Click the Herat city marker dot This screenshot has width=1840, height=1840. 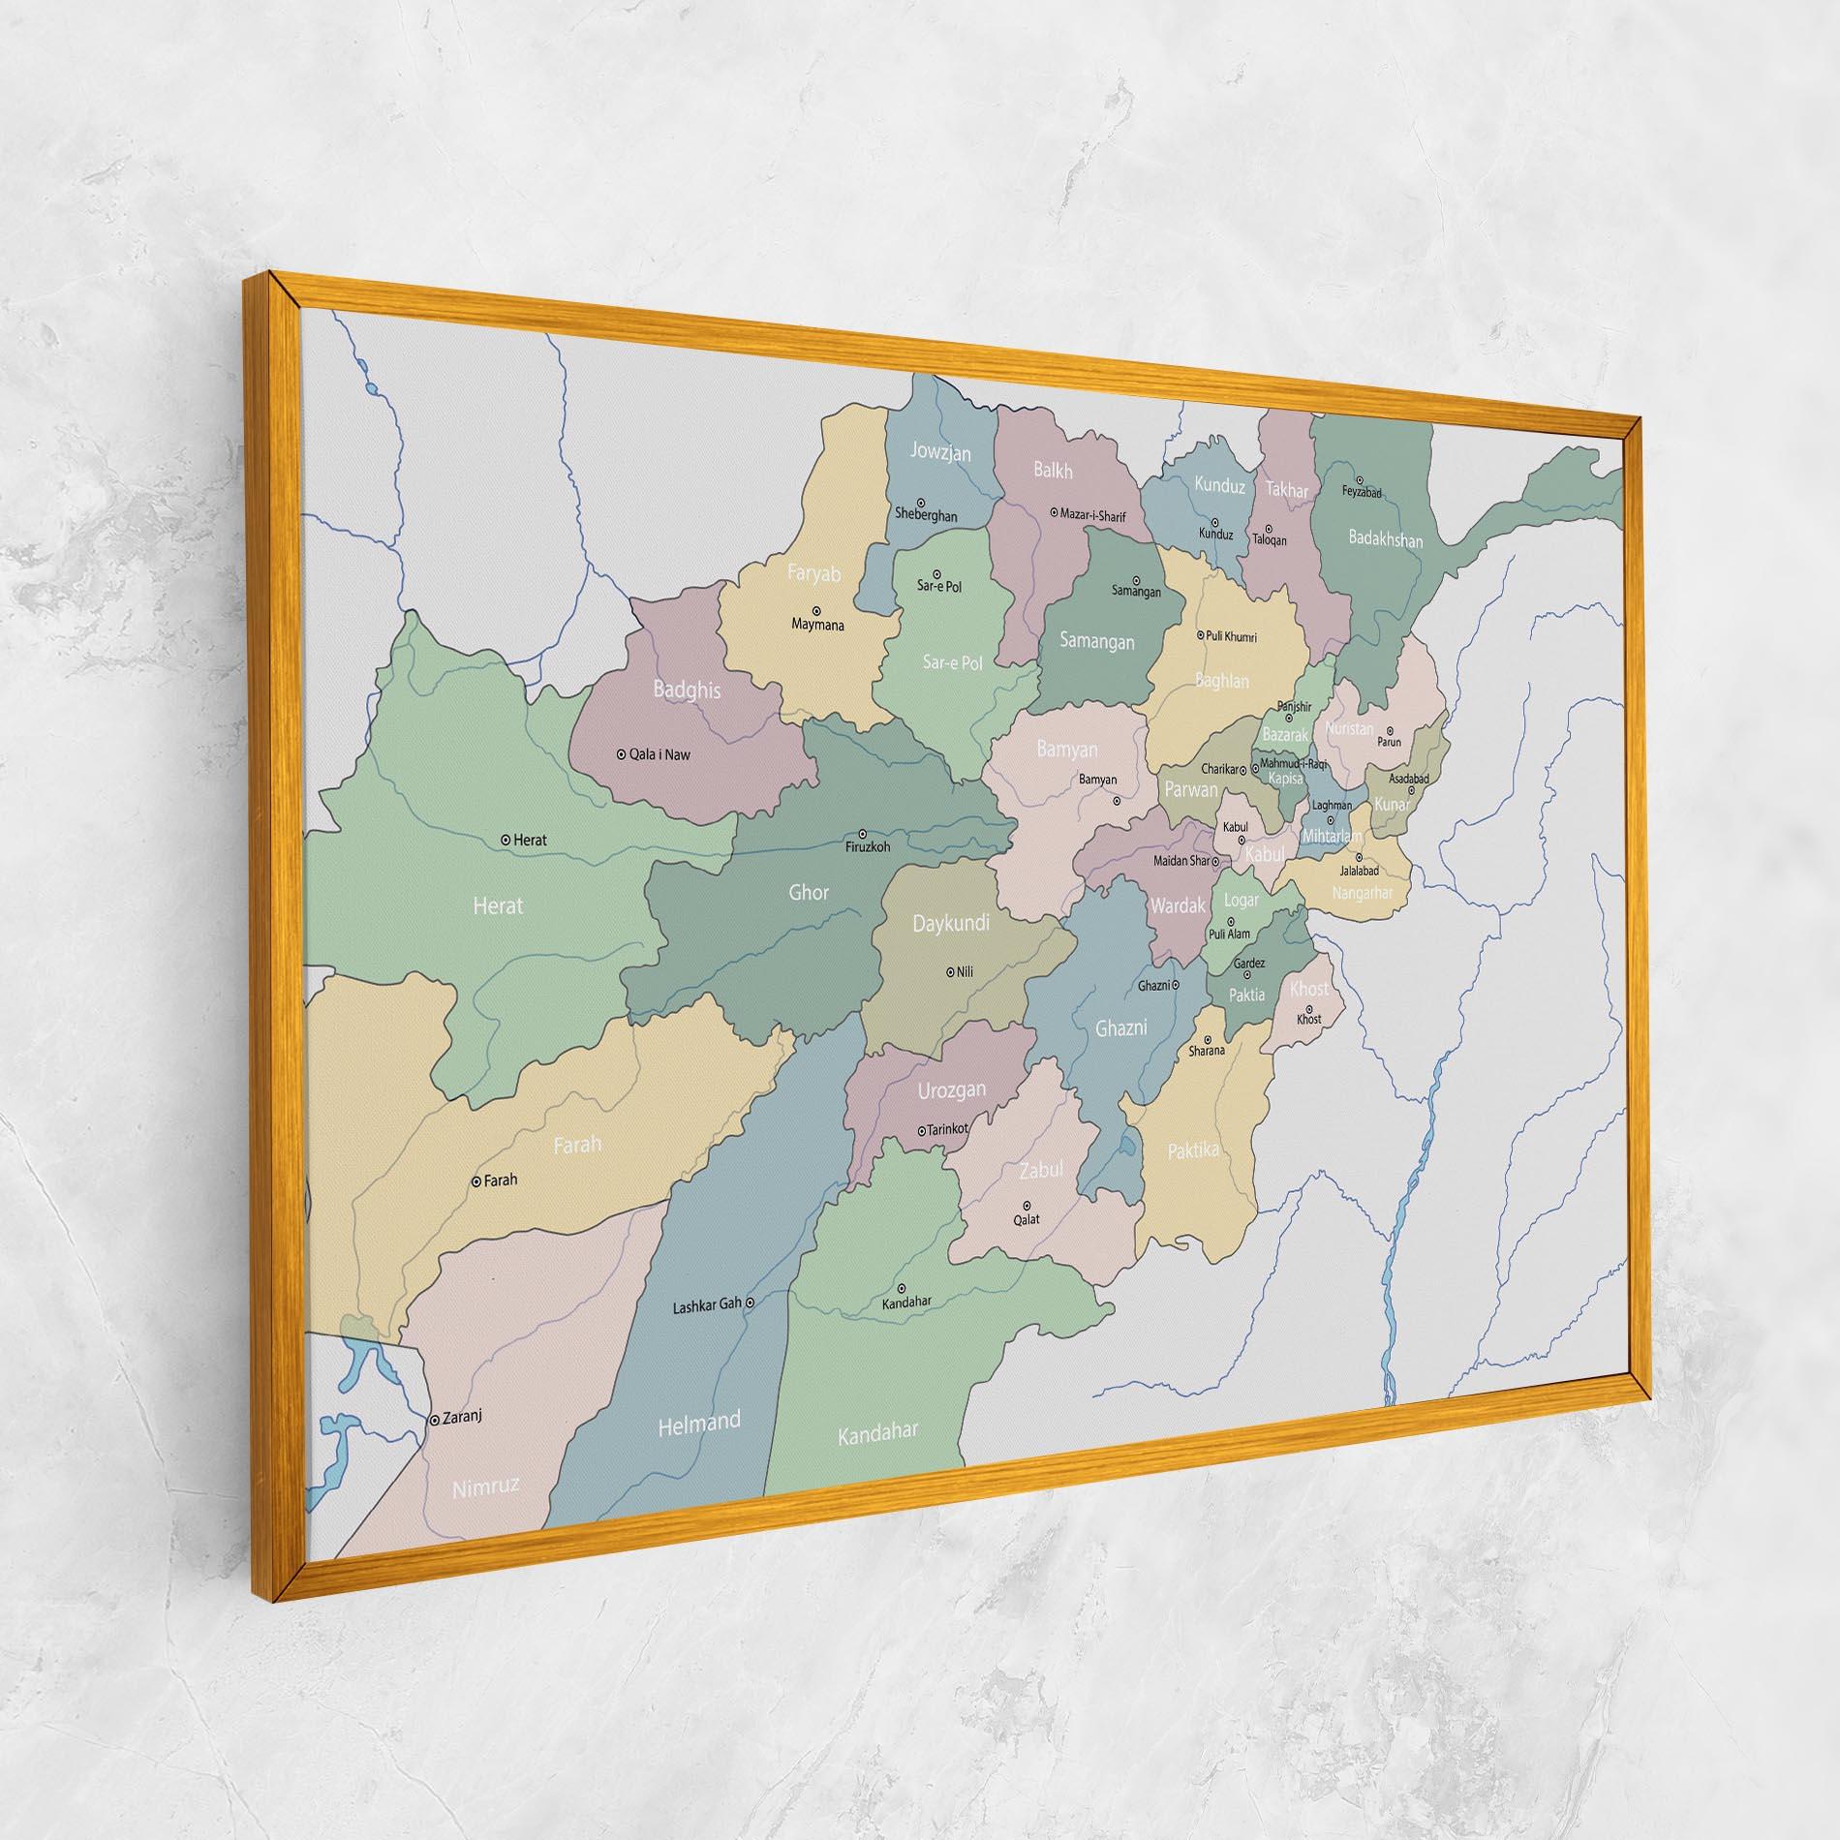point(506,840)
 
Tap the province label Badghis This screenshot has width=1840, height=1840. point(687,690)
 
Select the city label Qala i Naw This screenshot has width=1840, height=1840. point(659,754)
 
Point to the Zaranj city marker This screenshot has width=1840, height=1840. point(433,1420)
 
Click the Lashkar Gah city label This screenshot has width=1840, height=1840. point(706,1304)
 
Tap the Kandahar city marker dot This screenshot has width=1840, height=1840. point(902,1288)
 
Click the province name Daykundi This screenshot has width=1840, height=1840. point(951,923)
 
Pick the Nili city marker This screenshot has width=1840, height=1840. point(949,971)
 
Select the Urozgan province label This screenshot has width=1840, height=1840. point(951,1090)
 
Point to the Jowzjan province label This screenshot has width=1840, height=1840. point(939,452)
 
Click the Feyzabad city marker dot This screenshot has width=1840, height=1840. point(1360,479)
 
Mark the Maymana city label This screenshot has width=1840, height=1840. point(817,626)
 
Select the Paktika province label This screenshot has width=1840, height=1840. point(1192,1150)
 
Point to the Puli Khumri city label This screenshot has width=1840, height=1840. point(1232,636)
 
